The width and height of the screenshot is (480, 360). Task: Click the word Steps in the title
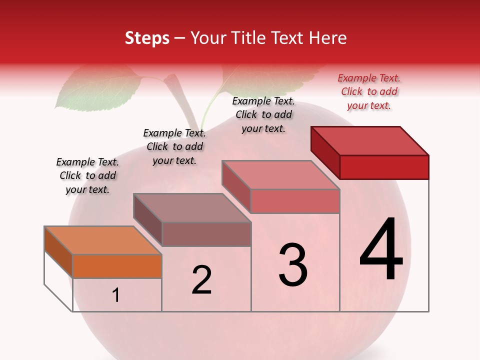pos(147,38)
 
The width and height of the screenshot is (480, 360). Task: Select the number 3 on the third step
pos(292,265)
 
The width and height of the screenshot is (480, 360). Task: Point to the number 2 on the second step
pos(201,280)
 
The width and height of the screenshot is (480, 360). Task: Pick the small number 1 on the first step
pos(116,295)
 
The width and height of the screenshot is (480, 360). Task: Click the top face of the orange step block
pos(102,240)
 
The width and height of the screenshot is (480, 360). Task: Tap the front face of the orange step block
pos(117,266)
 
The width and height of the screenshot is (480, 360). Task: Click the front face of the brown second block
pos(206,234)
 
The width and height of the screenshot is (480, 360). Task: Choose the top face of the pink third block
pos(280,175)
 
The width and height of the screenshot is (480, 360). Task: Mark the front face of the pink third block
pos(295,201)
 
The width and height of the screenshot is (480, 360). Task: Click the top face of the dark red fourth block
pos(369,140)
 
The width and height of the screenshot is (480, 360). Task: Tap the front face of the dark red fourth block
pos(384,167)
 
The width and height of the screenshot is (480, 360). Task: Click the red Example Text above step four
pos(369,91)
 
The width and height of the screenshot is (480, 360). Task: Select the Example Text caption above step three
pos(263,114)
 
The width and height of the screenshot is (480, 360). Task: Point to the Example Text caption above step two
pos(174,146)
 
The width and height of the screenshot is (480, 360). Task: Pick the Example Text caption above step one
pos(87,175)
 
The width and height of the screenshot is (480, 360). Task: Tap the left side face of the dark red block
pos(325,150)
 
